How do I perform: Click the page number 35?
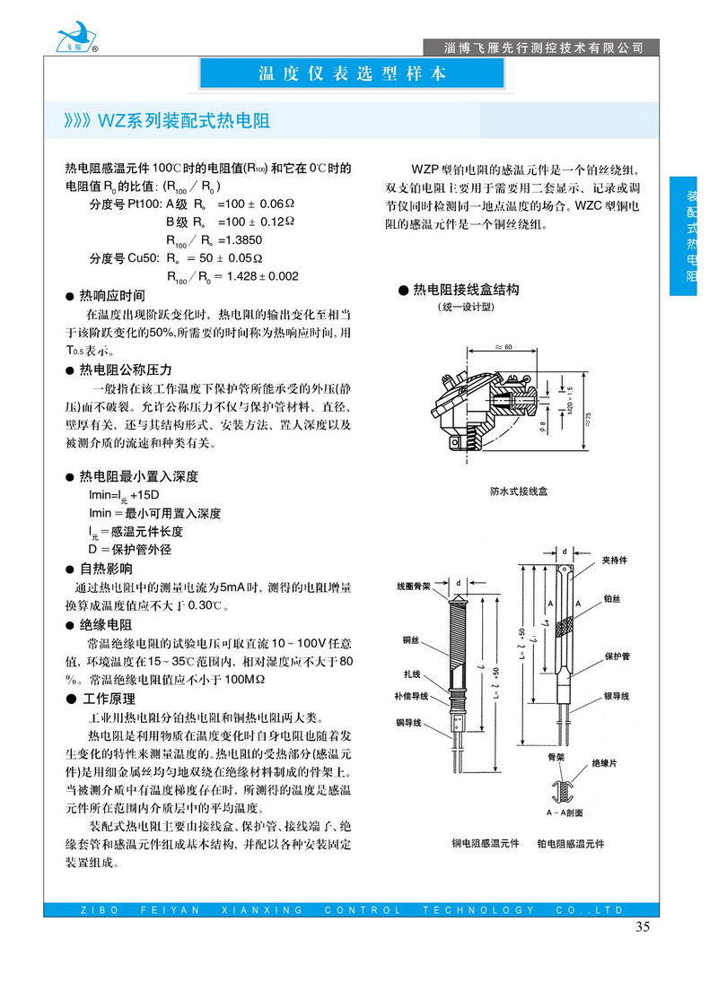pyautogui.click(x=642, y=927)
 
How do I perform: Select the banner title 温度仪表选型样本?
pyautogui.click(x=352, y=74)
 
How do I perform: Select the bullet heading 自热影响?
pyautogui.click(x=106, y=569)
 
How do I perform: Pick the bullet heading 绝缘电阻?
pyautogui.click(x=106, y=624)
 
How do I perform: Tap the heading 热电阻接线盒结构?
pyautogui.click(x=465, y=290)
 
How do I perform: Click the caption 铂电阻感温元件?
pyautogui.click(x=571, y=844)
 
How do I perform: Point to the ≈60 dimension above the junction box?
pyautogui.click(x=503, y=346)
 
